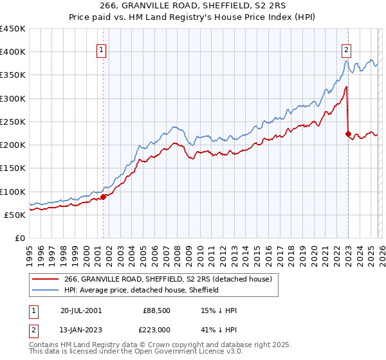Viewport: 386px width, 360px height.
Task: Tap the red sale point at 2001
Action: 104,197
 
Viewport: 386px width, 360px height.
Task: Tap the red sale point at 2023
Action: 348,134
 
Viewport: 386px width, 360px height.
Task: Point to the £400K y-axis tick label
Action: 13,52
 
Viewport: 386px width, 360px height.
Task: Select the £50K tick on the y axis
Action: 15,215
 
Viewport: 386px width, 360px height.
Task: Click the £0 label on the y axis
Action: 21,238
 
